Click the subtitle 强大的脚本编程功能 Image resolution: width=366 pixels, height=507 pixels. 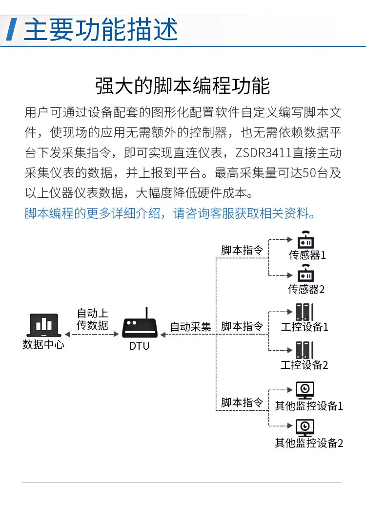coord(183,85)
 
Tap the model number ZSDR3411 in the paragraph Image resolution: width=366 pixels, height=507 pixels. coord(264,153)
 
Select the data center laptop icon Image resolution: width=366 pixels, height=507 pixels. coord(43,325)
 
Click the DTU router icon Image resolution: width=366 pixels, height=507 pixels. coord(141,326)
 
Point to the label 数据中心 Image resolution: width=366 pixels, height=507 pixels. coord(43,344)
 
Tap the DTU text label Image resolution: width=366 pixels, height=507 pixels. coord(140,346)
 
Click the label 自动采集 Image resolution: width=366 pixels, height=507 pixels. coord(190,327)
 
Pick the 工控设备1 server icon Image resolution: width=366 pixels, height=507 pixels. coord(305,313)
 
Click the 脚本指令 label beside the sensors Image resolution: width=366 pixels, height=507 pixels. coord(242,250)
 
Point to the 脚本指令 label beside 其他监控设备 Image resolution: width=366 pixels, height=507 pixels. coord(242,403)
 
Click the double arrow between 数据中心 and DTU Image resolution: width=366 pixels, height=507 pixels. coord(92,335)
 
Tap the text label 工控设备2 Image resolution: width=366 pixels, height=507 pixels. coord(305,365)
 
